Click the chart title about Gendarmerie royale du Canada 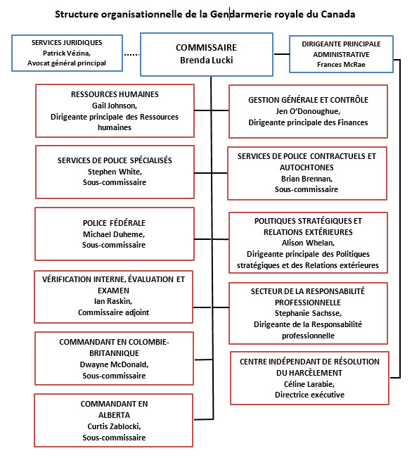205,14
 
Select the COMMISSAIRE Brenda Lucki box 207,55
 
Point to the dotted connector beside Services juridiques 131,55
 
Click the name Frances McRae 341,65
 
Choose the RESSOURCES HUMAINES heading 115,94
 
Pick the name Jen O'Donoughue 308,111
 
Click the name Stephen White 115,172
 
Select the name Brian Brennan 307,179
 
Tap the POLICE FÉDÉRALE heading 114,223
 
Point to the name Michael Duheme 114,234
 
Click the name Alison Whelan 308,243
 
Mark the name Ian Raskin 113,301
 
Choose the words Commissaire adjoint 114,312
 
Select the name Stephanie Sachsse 308,313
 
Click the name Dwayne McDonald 114,365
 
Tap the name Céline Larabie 309,384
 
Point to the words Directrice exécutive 309,395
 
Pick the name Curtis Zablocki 114,426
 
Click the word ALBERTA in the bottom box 114,415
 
